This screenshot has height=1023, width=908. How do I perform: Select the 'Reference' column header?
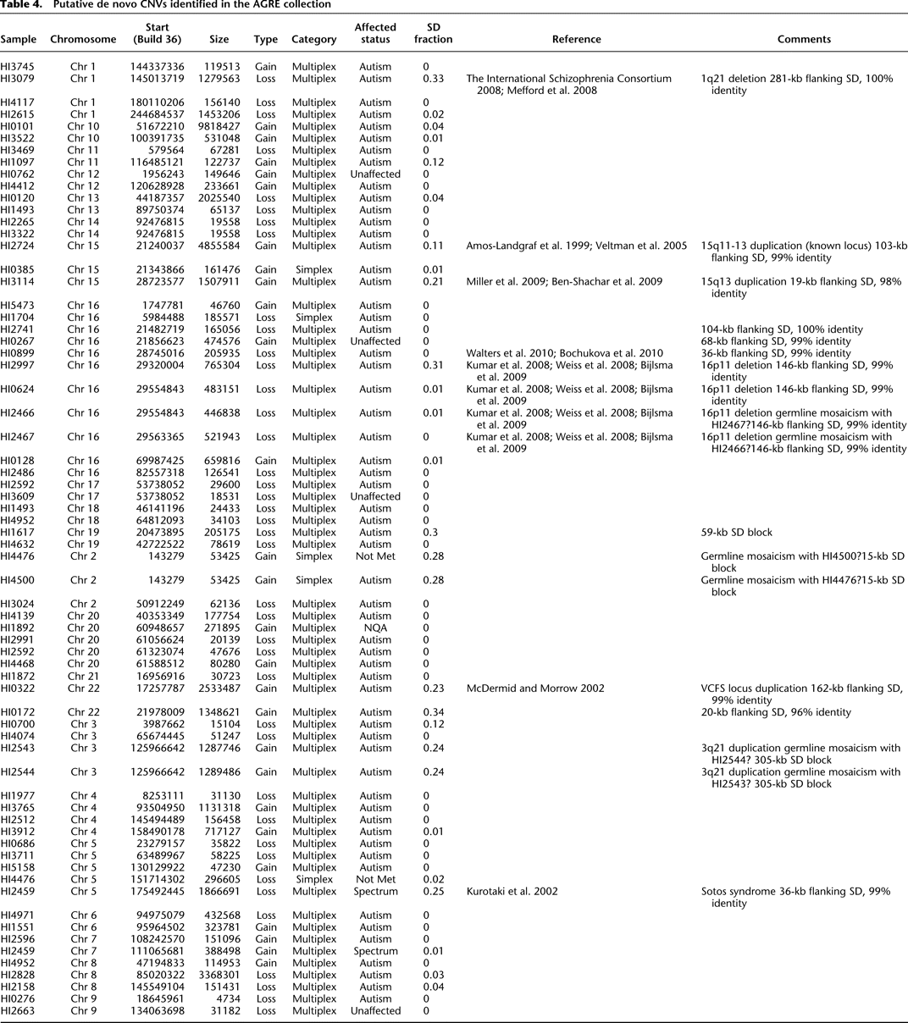pyautogui.click(x=576, y=39)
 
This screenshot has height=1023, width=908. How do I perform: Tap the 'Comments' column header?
pyautogui.click(x=804, y=39)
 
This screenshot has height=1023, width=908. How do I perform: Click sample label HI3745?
pyautogui.click(x=18, y=67)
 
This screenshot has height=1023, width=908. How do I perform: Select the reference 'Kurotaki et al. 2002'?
pyautogui.click(x=512, y=892)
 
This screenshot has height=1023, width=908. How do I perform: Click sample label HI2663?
pyautogui.click(x=18, y=1011)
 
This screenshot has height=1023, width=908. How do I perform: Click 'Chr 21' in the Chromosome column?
pyautogui.click(x=83, y=677)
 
